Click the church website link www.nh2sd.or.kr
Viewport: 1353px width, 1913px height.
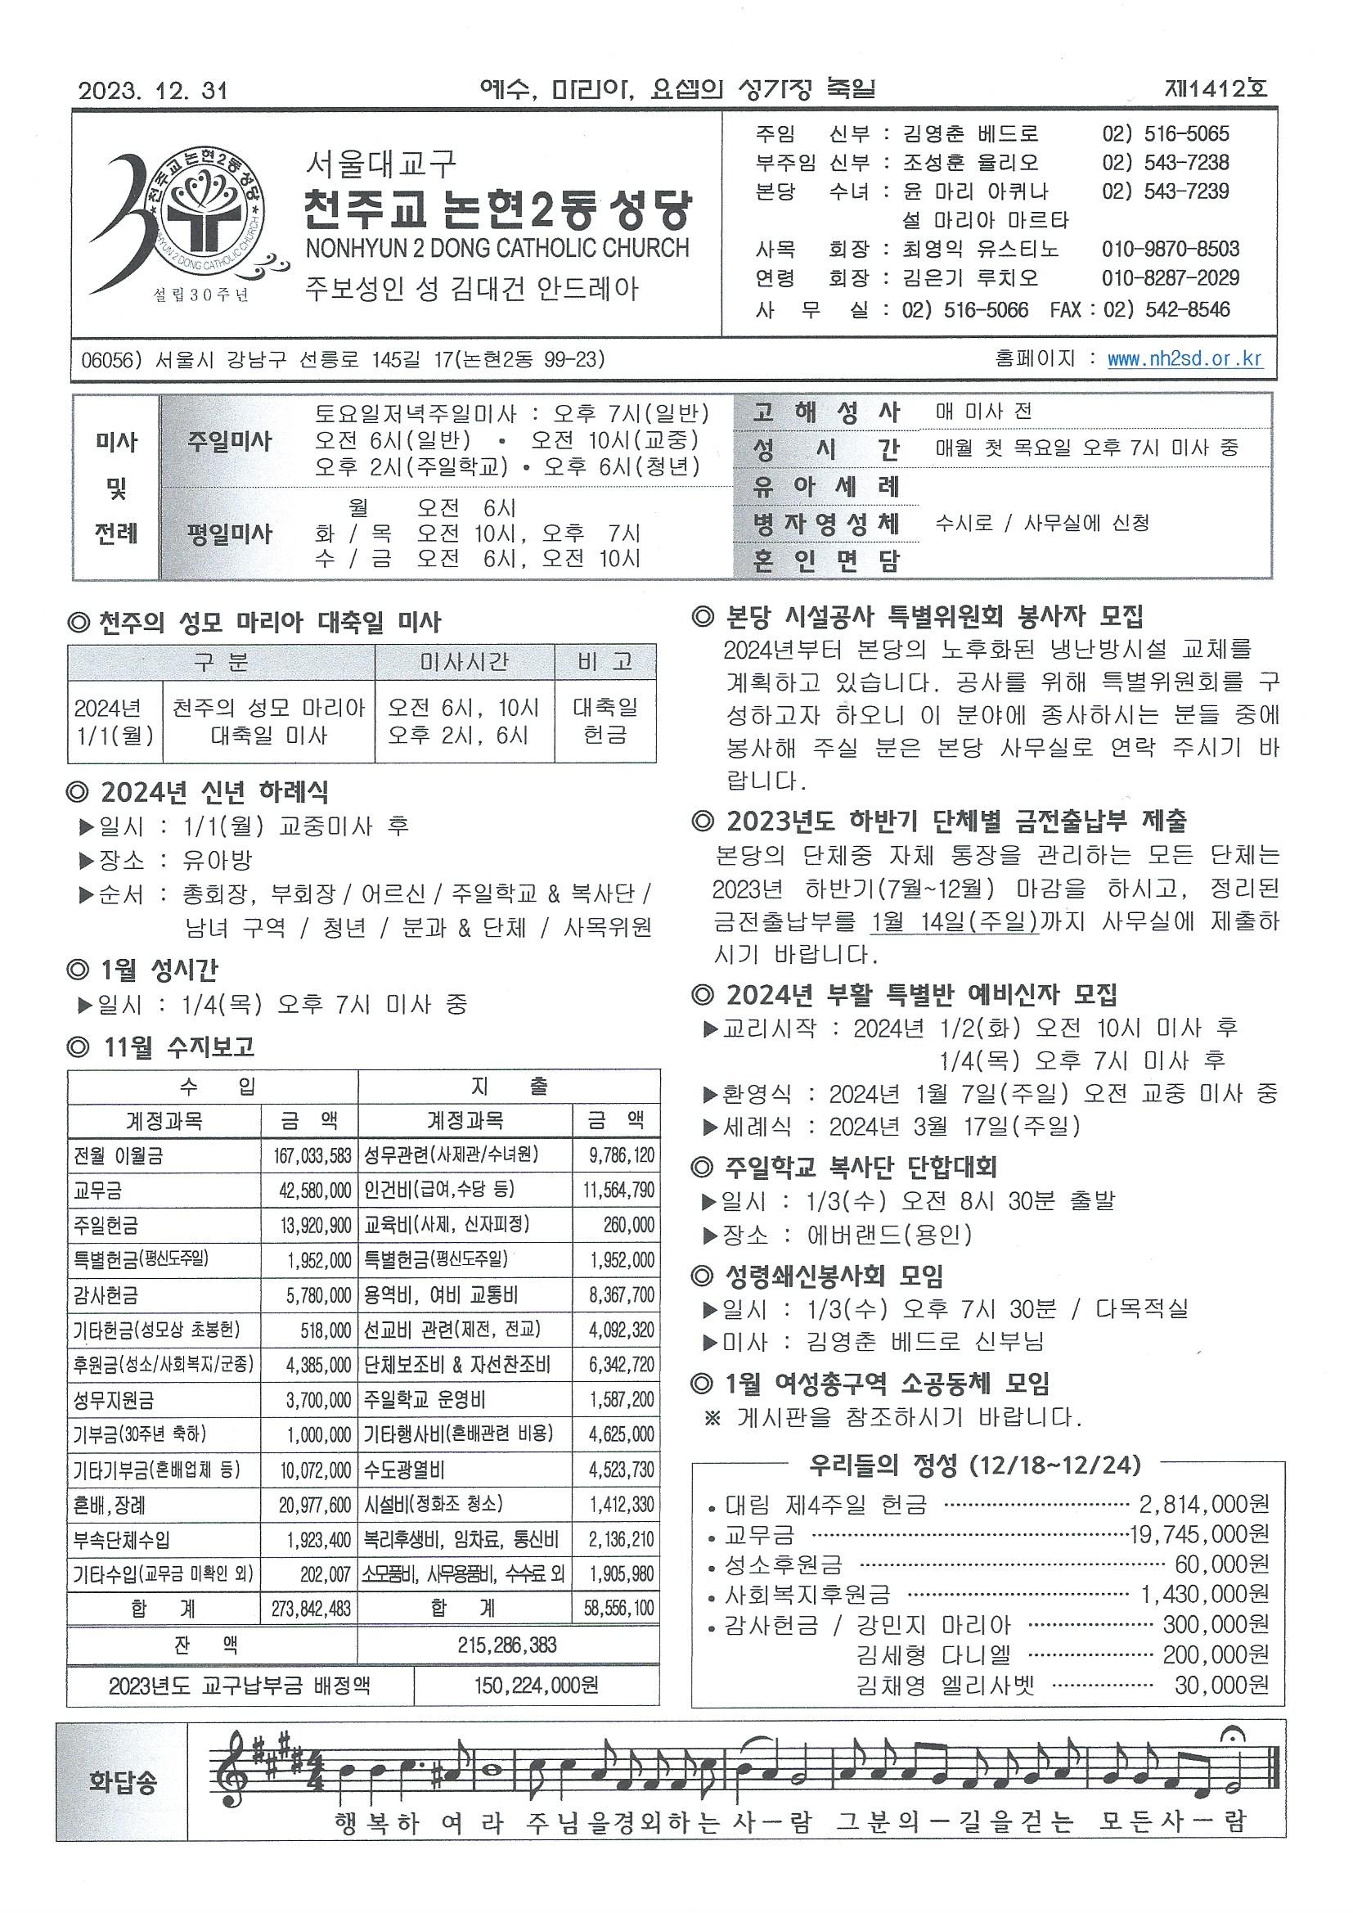[x=1184, y=359]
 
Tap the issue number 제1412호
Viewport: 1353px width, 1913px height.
[x=1217, y=88]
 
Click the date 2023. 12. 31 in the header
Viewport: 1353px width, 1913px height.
[x=153, y=90]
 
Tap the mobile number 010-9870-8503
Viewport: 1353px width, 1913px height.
[x=1171, y=249]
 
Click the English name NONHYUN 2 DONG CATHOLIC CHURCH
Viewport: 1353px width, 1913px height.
[x=497, y=248]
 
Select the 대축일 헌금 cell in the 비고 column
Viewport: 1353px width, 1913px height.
[x=605, y=722]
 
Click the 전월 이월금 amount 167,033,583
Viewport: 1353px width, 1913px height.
[x=312, y=1155]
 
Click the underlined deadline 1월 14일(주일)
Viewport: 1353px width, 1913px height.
[x=954, y=921]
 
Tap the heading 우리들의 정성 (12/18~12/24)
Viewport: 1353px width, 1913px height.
[x=974, y=1464]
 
